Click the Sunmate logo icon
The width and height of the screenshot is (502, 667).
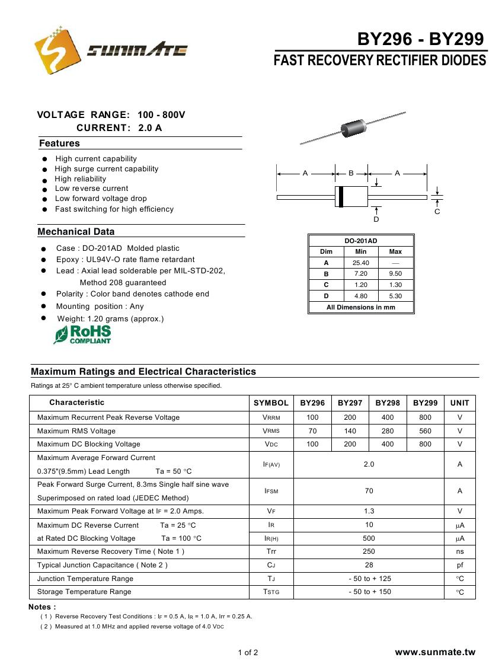(57, 50)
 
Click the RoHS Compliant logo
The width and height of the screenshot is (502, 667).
(82, 334)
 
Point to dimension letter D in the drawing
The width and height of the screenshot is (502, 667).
(376, 219)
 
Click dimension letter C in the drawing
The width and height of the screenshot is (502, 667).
(437, 212)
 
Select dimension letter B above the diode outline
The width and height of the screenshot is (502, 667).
(351, 173)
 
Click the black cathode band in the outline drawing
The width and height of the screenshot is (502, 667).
(340, 197)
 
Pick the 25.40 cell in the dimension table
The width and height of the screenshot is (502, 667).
(360, 263)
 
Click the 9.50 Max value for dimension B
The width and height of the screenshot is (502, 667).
(395, 274)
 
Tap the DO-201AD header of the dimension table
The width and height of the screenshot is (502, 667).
(361, 241)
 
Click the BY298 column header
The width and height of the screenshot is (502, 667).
(388, 403)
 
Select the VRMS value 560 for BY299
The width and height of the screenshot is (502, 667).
(425, 431)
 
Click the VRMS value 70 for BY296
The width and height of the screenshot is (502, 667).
(312, 431)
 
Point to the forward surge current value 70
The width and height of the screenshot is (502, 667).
(369, 491)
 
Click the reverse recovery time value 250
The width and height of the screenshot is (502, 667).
(369, 551)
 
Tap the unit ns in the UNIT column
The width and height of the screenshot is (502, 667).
(459, 551)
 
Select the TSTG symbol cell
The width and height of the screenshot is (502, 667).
(271, 592)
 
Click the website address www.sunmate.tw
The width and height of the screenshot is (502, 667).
(435, 652)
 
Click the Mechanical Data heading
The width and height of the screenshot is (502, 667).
(76, 232)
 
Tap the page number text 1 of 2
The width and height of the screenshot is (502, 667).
(248, 653)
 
